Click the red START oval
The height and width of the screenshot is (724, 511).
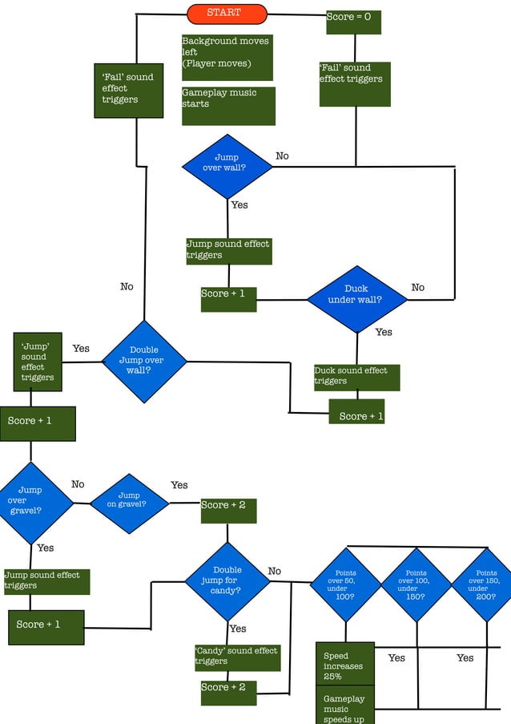click(x=227, y=14)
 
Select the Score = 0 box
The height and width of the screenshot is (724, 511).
click(x=353, y=22)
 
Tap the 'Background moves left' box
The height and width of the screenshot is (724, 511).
click(x=227, y=57)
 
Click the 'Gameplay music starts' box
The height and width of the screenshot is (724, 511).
click(x=228, y=106)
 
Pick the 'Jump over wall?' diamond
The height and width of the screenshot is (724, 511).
click(x=227, y=167)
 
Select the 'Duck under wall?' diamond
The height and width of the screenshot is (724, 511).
click(x=356, y=299)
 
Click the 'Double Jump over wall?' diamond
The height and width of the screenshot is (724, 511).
click(x=145, y=361)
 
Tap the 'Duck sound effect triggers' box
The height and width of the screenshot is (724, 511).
click(x=356, y=378)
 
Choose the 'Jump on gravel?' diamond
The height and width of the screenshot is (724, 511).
click(x=129, y=504)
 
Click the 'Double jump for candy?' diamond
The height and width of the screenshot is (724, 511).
click(x=227, y=580)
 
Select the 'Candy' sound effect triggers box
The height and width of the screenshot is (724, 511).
click(x=236, y=657)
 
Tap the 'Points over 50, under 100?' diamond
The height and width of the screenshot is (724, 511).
click(x=347, y=585)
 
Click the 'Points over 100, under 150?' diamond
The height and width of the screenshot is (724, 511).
click(x=416, y=585)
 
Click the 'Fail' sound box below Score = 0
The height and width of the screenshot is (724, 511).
click(x=355, y=84)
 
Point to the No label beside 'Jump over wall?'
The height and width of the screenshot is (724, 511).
click(x=282, y=156)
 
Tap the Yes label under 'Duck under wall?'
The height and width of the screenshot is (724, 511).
click(x=384, y=332)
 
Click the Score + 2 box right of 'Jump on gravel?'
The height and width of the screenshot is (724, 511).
click(x=228, y=511)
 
